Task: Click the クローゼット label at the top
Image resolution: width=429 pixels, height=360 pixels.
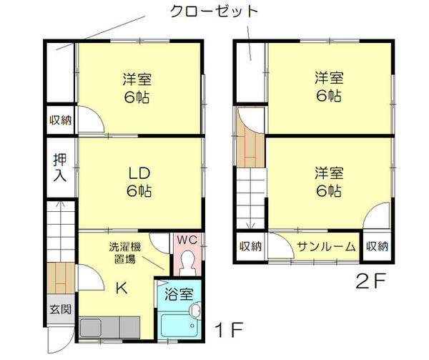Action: (x=213, y=12)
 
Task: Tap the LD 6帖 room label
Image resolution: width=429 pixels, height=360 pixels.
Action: (x=139, y=183)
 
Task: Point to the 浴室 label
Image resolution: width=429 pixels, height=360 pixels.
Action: (x=178, y=294)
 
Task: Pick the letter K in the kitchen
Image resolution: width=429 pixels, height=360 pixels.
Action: (x=122, y=288)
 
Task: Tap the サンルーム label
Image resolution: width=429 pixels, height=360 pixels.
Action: (x=326, y=247)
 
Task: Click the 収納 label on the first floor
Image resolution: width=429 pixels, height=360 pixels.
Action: (x=60, y=120)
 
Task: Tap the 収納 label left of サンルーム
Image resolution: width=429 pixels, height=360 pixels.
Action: (x=250, y=247)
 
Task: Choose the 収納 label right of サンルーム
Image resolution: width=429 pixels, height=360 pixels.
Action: (x=377, y=247)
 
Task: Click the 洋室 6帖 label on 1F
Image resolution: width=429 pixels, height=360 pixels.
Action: (x=139, y=88)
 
